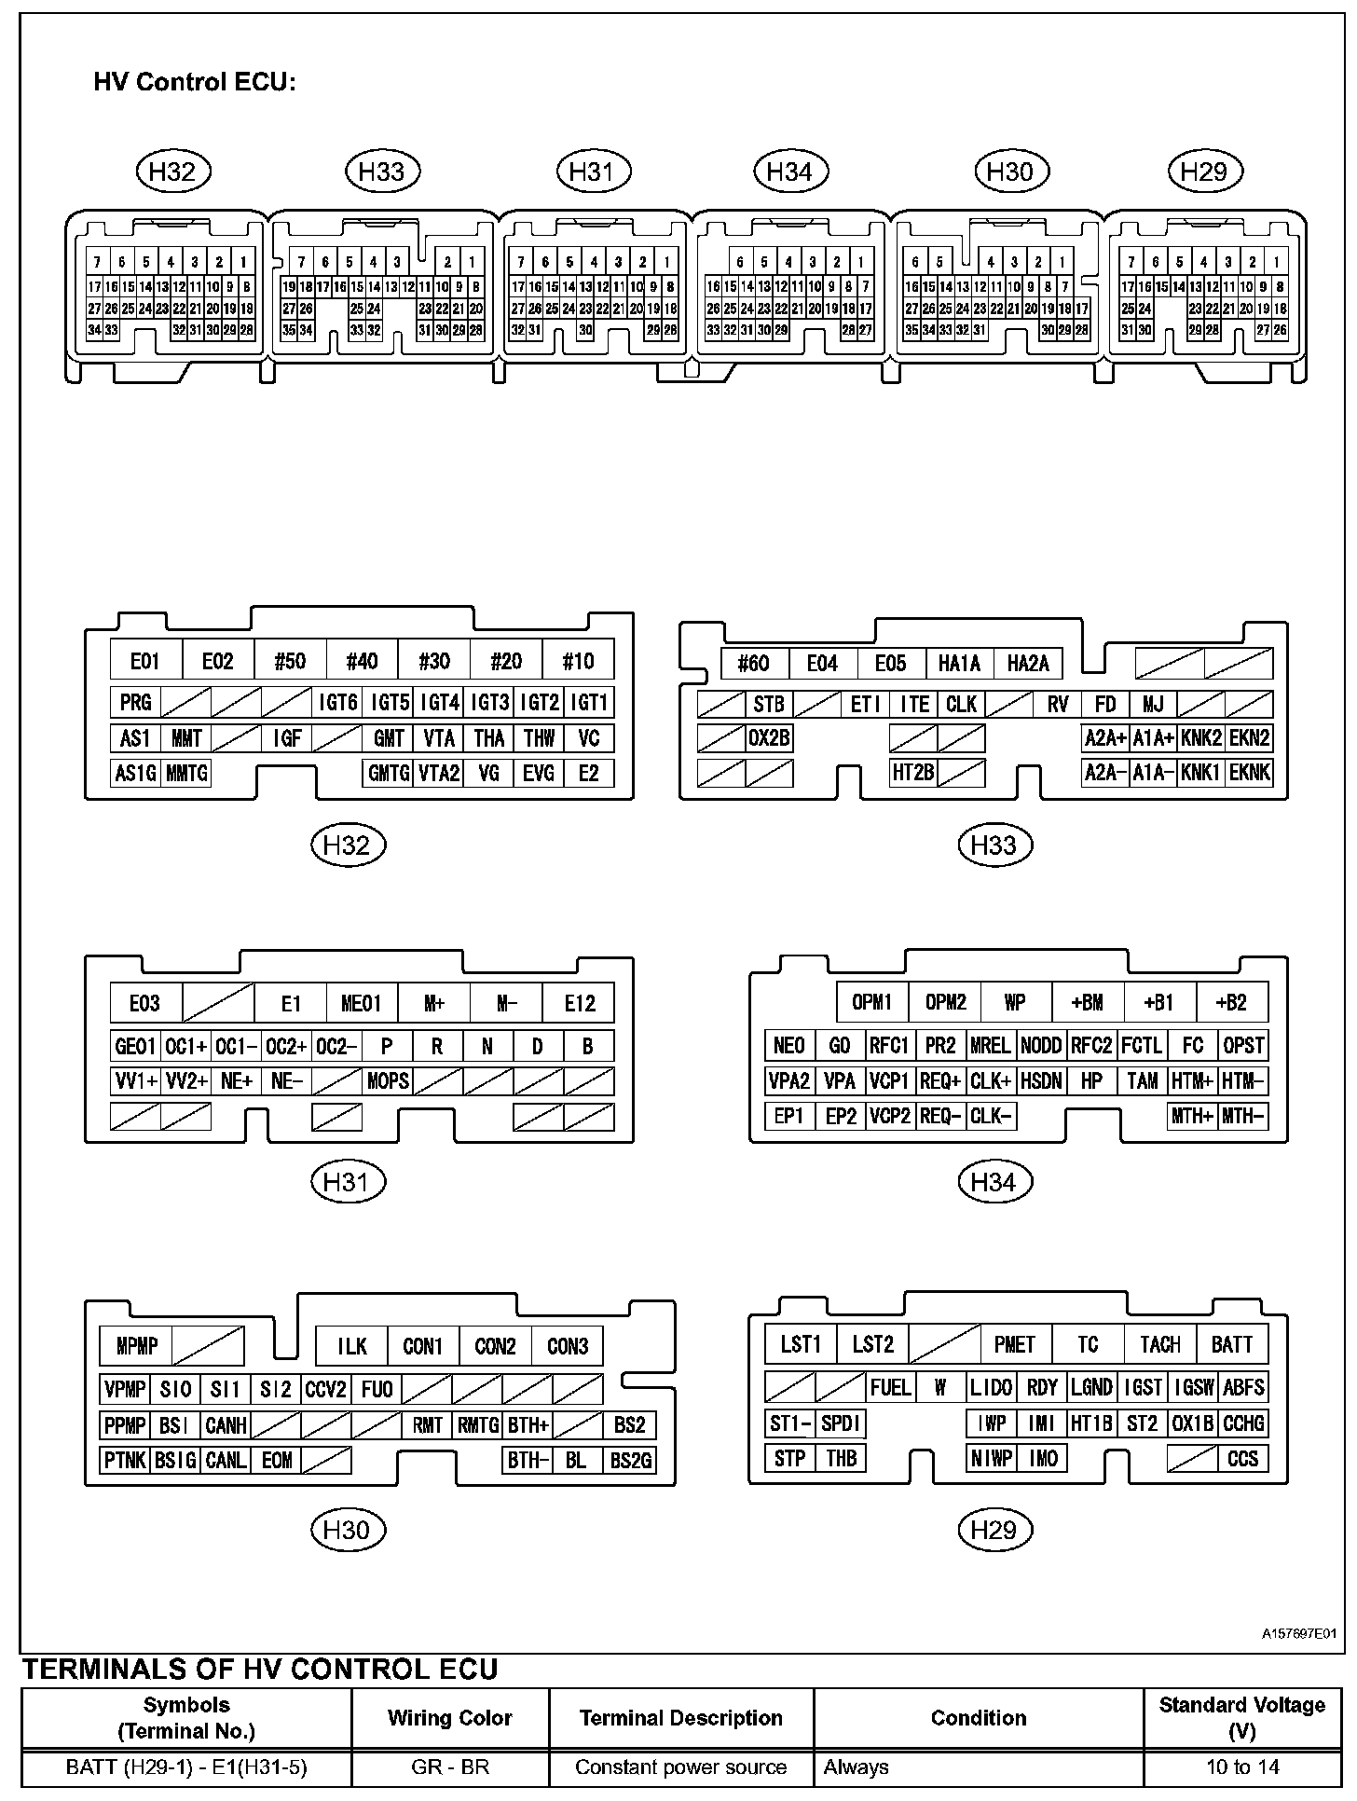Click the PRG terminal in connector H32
135,703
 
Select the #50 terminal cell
290,661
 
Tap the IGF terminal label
287,738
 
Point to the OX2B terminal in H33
769,738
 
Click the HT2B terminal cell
912,773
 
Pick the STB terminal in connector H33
769,704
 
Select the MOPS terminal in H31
388,1080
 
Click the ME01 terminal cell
362,1003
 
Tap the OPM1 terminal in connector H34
872,1002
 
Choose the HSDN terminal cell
1041,1080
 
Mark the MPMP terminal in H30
137,1346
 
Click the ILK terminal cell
351,1346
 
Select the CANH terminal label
226,1425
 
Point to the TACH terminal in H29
1159,1344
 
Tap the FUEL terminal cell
890,1387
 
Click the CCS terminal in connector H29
1242,1459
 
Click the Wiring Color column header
450,1718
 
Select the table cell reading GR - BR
450,1767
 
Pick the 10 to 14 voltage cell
1241,1767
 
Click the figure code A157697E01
1299,1634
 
